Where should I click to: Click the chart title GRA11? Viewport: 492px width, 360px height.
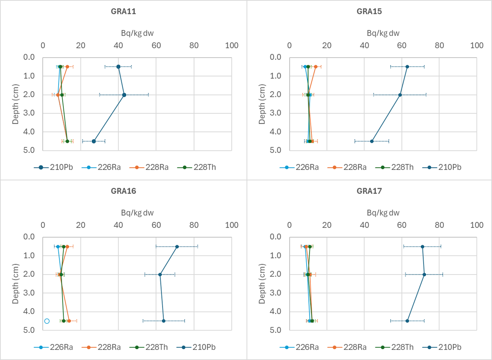coord(123,11)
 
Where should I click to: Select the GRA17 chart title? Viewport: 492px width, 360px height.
coord(369,191)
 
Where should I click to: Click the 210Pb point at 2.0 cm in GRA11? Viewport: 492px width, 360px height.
coord(124,95)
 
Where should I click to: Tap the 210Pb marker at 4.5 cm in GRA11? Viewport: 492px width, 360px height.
coord(94,141)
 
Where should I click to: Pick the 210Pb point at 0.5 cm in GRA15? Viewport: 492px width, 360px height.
coord(407,67)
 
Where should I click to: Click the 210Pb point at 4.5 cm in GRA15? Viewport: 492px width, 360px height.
coord(372,141)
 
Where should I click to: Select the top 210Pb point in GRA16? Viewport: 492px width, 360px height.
coord(177,247)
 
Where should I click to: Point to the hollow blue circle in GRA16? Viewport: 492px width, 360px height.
coord(47,321)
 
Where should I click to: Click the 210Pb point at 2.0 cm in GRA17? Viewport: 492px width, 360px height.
coord(424,275)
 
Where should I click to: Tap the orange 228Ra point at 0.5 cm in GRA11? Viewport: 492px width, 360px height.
coord(67,67)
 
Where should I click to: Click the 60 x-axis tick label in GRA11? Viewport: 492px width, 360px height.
coord(156,46)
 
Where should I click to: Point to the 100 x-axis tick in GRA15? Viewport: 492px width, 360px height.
coord(476,46)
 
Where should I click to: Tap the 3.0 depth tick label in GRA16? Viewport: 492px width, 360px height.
coord(29,293)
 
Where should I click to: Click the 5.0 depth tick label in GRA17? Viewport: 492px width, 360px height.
coord(275,330)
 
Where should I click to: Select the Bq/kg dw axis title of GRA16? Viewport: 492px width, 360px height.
coord(137,213)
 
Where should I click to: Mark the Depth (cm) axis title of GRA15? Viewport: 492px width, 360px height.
coord(262,104)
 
